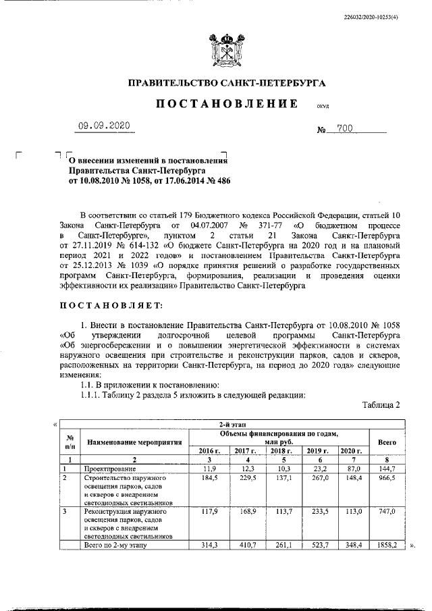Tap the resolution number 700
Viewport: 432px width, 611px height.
coord(346,127)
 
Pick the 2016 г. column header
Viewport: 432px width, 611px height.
coord(209,450)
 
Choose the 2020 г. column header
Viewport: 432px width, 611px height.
coord(352,450)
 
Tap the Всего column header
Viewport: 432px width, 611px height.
coord(387,442)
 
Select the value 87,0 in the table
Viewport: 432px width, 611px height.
coord(352,469)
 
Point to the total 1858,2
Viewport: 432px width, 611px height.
coord(387,544)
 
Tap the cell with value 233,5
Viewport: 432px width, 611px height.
coord(316,512)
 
